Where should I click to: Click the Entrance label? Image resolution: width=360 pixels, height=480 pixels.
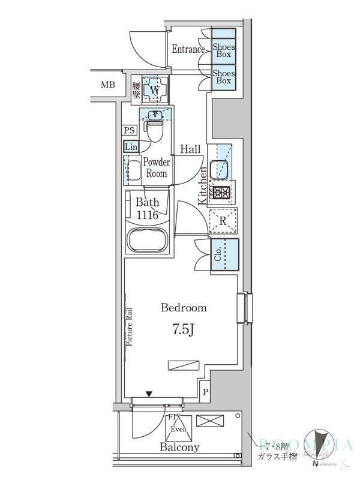188,49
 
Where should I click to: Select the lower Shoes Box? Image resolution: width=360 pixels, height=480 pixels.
223,77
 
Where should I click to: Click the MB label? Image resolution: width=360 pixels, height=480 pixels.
107,85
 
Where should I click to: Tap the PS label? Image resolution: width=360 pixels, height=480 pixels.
129,130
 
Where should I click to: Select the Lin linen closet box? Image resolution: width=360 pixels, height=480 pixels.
131,146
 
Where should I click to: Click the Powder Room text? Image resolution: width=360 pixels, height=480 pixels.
157,167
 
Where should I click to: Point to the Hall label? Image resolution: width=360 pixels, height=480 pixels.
191,149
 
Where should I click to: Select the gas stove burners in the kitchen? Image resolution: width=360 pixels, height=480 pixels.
222,193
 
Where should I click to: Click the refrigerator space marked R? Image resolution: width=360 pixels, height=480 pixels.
223,221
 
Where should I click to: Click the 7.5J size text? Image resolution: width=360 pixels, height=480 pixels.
184,329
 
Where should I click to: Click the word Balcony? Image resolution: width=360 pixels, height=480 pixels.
179,448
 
